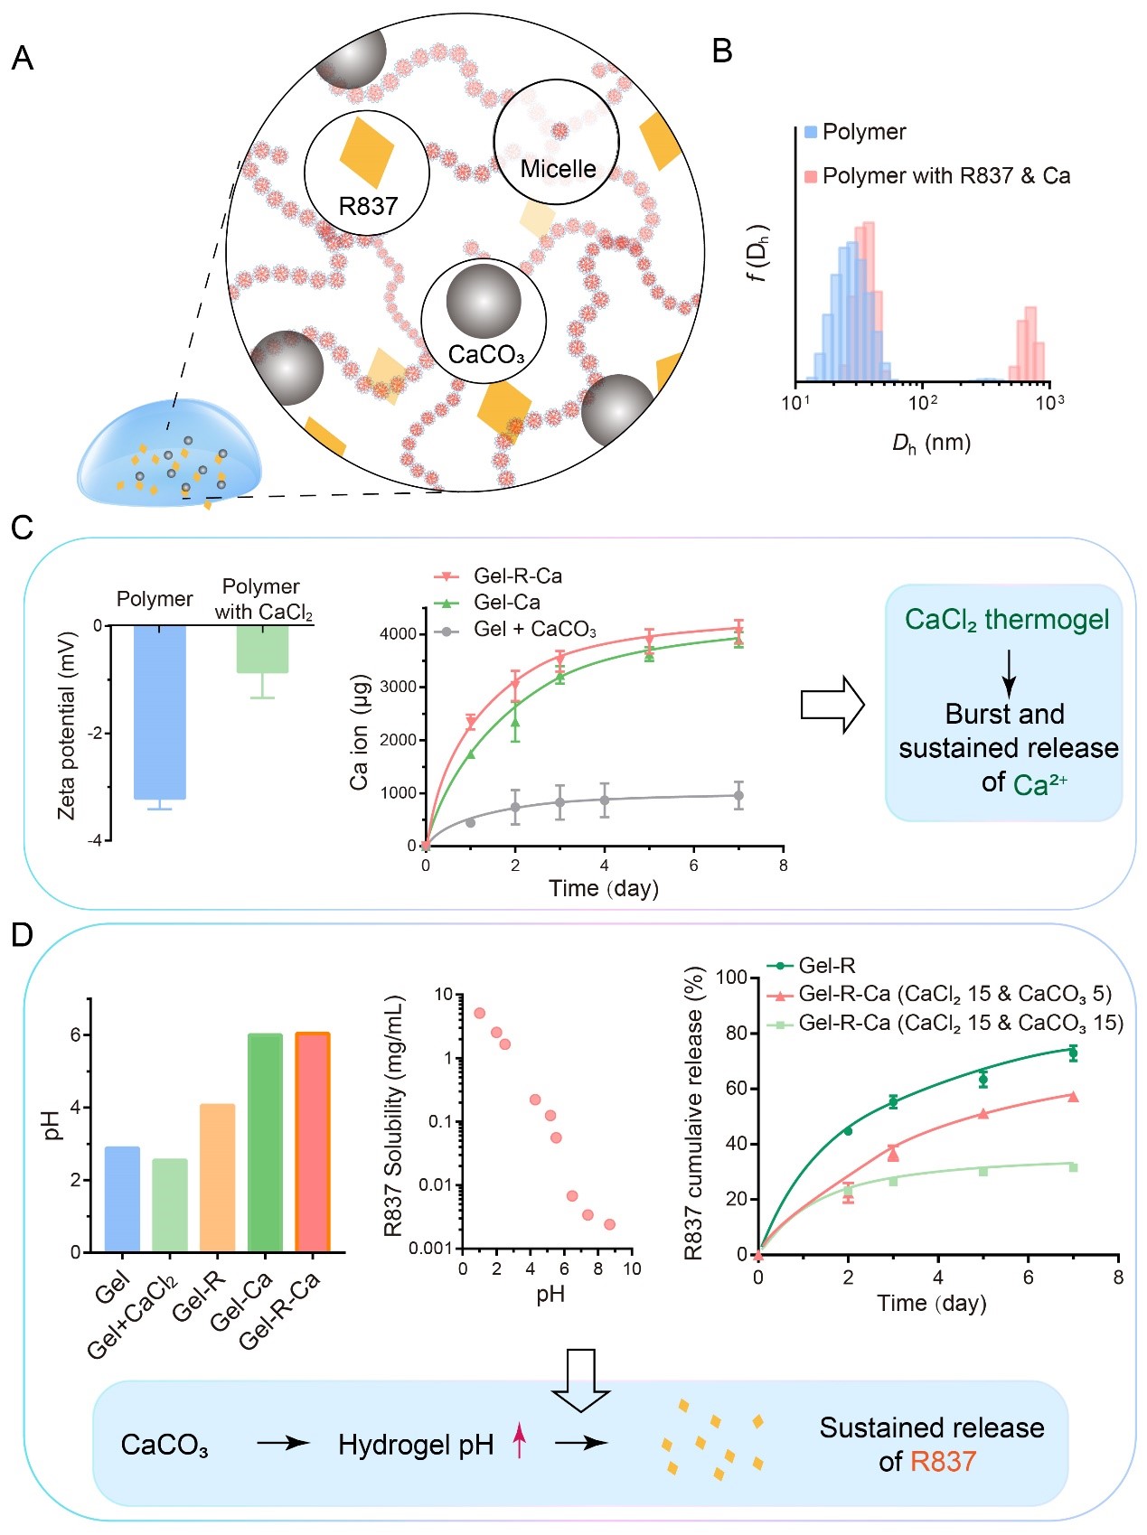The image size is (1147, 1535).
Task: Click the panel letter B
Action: [722, 51]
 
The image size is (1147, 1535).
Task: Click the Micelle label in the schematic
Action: [558, 169]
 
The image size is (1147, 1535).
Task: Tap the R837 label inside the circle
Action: [368, 207]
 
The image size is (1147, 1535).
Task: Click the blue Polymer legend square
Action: [811, 132]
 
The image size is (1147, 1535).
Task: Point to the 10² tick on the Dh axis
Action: [922, 401]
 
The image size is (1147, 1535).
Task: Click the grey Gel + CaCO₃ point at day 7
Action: [738, 796]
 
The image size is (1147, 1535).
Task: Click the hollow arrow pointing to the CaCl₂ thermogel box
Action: [832, 704]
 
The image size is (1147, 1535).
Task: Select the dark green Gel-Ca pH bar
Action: [265, 1142]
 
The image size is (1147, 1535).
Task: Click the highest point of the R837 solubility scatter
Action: [479, 1013]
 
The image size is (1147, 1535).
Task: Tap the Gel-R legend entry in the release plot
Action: [825, 966]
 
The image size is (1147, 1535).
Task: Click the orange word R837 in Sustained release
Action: [943, 1461]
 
